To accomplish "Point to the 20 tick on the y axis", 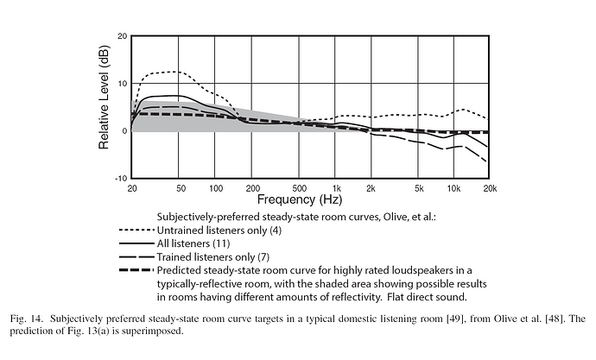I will pyautogui.click(x=123, y=36).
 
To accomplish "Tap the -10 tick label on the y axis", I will pyautogui.click(x=121, y=178).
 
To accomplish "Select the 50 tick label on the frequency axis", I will pyautogui.click(x=180, y=187).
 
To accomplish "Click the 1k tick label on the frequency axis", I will pyautogui.click(x=337, y=187).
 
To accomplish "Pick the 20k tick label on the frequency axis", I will pyautogui.click(x=489, y=187).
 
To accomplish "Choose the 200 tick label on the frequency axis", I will pyautogui.click(x=252, y=187).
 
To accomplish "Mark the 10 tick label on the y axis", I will pyautogui.click(x=123, y=84).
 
